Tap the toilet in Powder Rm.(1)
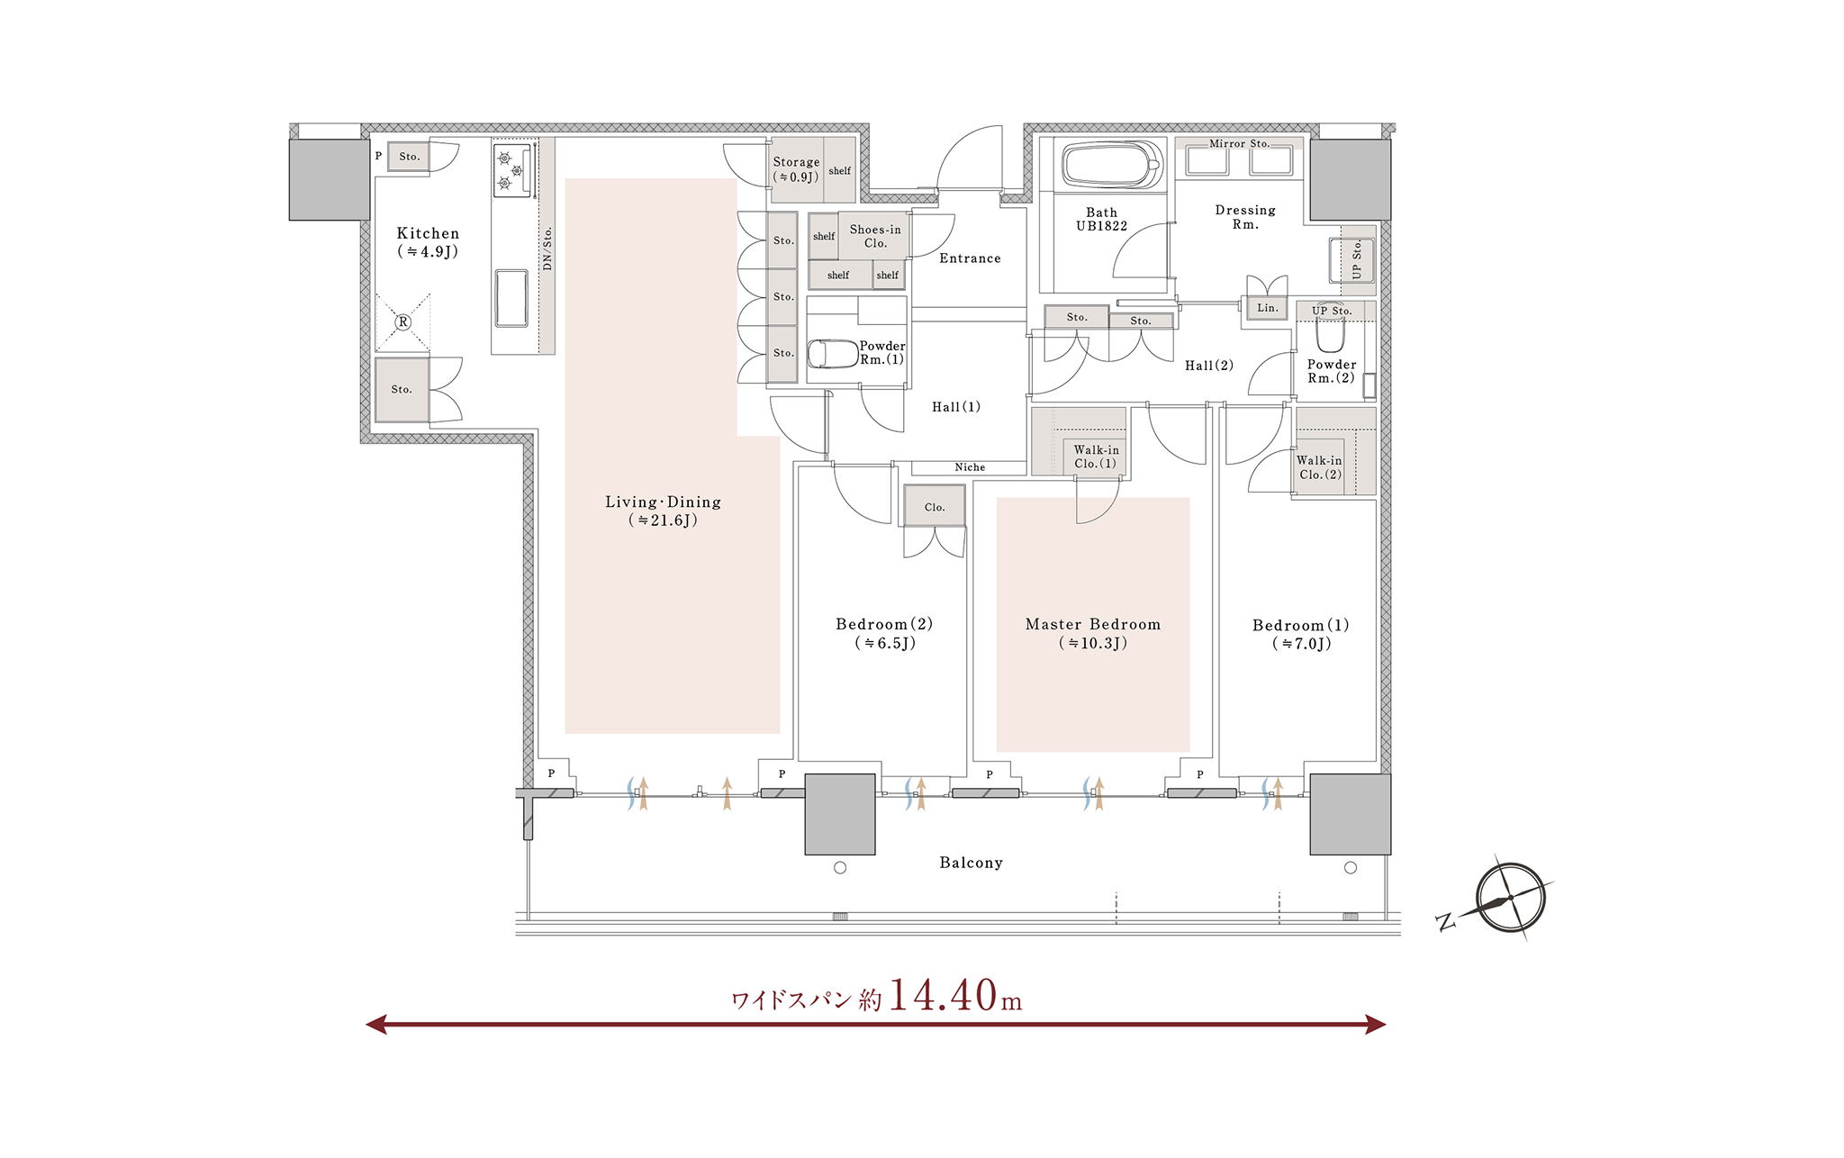(x=832, y=354)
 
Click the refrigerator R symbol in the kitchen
(x=402, y=321)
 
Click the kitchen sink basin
(x=511, y=298)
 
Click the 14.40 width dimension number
(x=943, y=995)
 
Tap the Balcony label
(x=971, y=863)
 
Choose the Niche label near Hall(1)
(x=970, y=467)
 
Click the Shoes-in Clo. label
(x=875, y=236)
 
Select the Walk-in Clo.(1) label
(x=1096, y=457)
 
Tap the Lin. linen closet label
(x=1268, y=308)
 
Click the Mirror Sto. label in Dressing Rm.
(x=1239, y=143)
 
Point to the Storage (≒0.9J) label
(x=796, y=169)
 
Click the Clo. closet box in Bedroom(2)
(x=935, y=506)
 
